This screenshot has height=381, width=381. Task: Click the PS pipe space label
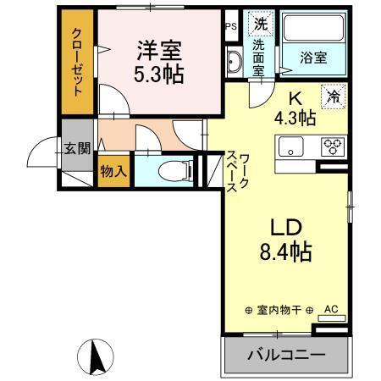click(x=231, y=25)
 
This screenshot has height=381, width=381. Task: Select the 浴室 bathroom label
click(x=314, y=58)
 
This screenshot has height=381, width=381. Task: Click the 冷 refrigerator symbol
click(x=334, y=97)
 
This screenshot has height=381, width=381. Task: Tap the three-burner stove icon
click(x=331, y=146)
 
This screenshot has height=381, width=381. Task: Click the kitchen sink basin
click(x=290, y=146)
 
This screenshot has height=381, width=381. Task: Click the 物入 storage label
click(x=113, y=169)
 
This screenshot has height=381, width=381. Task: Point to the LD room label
click(x=285, y=227)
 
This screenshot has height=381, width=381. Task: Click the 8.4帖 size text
click(x=285, y=251)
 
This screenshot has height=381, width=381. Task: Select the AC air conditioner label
click(x=331, y=308)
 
